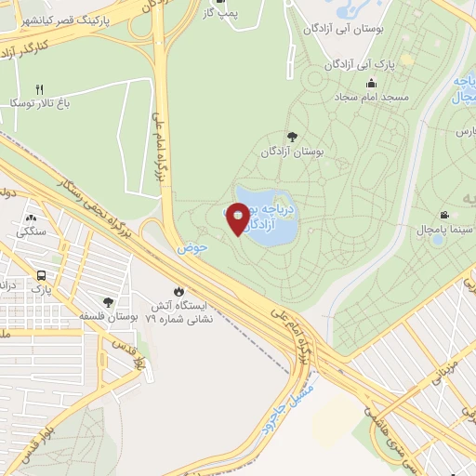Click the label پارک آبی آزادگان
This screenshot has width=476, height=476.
point(361,67)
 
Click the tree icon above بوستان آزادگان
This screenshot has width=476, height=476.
point(292,137)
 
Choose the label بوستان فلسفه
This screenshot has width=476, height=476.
point(109,317)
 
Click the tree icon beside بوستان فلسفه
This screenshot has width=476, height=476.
point(109,302)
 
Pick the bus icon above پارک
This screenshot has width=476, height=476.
point(41,276)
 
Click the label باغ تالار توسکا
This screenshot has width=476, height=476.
point(41,104)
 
